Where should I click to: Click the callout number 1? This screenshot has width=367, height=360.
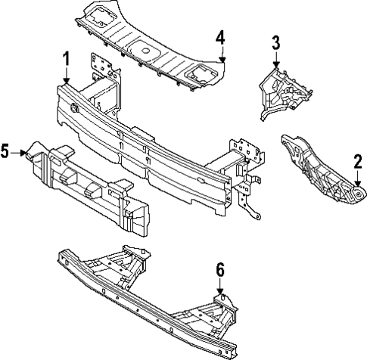pyautogui.click(x=67, y=58)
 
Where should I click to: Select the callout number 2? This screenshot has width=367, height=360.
pyautogui.click(x=356, y=160)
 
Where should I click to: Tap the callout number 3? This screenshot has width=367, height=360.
pyautogui.click(x=276, y=41)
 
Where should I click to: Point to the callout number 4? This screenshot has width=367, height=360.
pyautogui.click(x=220, y=37)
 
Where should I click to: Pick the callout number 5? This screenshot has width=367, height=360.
pyautogui.click(x=6, y=152)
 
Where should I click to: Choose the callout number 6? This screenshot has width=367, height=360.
pyautogui.click(x=220, y=268)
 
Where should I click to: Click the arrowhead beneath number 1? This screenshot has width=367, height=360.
pyautogui.click(x=67, y=81)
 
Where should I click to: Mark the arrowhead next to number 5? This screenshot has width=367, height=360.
pyautogui.click(x=27, y=152)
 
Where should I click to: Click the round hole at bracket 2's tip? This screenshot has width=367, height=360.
pyautogui.click(x=350, y=197)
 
